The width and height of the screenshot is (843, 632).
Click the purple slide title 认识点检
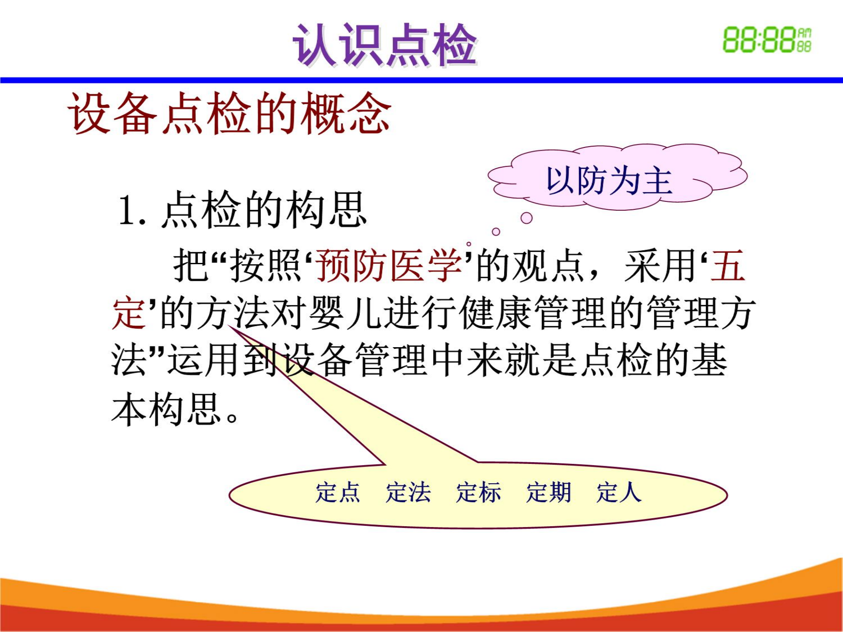(385, 45)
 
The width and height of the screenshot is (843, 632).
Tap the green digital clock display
(767, 40)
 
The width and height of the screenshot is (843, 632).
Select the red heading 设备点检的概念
(229, 113)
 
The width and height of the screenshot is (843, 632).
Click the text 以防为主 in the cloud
(609, 180)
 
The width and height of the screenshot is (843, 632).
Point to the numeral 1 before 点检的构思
(128, 211)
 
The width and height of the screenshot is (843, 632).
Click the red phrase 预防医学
(389, 266)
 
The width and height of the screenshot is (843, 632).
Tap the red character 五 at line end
(728, 266)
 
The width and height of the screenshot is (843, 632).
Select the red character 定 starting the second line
(129, 313)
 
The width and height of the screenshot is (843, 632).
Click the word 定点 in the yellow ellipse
(338, 492)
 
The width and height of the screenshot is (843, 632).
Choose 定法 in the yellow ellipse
(408, 492)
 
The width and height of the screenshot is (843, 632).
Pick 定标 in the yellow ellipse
(478, 492)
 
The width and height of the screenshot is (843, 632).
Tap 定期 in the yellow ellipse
(548, 492)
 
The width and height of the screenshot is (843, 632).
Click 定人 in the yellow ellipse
(619, 492)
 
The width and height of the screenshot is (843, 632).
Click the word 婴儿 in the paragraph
(345, 313)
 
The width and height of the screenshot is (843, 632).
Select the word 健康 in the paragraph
(496, 313)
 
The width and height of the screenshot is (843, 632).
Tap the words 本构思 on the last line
(167, 409)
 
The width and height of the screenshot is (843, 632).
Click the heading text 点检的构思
(264, 210)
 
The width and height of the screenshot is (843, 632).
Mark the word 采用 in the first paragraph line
(659, 266)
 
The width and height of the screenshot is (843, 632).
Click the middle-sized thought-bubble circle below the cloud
(496, 232)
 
